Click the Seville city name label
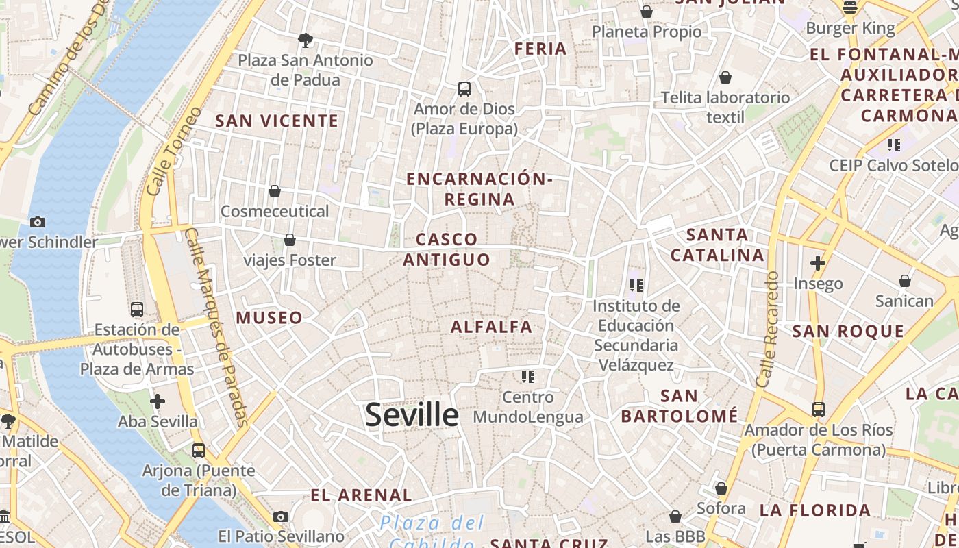(x=412, y=415)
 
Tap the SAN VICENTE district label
(x=277, y=121)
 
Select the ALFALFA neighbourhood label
(x=491, y=327)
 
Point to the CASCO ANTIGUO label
(x=447, y=249)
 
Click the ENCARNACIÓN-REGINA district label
(x=479, y=189)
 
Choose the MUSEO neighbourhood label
(x=269, y=318)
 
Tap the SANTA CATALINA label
(x=717, y=245)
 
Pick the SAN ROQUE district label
(x=849, y=332)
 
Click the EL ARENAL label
(x=361, y=495)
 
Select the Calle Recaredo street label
(x=767, y=329)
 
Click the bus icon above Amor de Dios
(x=464, y=88)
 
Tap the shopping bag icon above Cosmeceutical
(x=275, y=191)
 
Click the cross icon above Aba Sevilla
(x=158, y=401)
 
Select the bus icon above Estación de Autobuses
(x=137, y=309)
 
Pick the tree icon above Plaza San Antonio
(x=306, y=40)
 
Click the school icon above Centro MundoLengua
(x=527, y=376)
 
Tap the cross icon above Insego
(x=817, y=262)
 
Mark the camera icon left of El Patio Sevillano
(x=280, y=516)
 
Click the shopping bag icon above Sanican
(x=905, y=281)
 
